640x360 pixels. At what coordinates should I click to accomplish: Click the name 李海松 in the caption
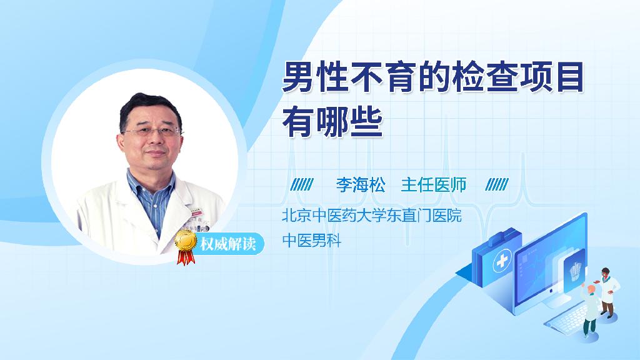(x=361, y=185)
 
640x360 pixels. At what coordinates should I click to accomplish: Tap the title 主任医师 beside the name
(x=434, y=185)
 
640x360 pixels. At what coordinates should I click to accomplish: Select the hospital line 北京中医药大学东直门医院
(x=371, y=215)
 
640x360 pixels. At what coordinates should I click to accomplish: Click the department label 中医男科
(x=311, y=241)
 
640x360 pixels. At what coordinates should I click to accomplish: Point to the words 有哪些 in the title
(x=332, y=122)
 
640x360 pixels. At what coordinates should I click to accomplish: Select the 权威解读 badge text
(x=227, y=244)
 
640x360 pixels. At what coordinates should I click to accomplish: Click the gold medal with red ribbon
(x=186, y=246)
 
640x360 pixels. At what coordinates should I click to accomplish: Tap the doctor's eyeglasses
(x=152, y=131)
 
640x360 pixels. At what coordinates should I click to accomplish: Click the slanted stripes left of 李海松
(x=302, y=185)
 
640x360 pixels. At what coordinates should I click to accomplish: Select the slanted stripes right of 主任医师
(x=497, y=185)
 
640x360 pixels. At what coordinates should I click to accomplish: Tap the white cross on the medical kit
(x=502, y=260)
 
